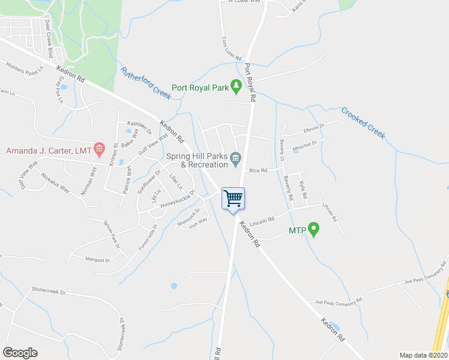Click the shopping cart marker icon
coord(233,198)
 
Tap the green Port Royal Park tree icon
coord(237,87)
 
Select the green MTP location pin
coord(313,229)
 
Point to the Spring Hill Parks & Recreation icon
coord(236,159)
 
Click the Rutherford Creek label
coord(146,83)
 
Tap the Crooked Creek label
coord(363,122)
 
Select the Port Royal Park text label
coord(200,88)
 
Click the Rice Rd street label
coord(258,170)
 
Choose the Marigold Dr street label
coord(98,260)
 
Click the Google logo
coord(20,353)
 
